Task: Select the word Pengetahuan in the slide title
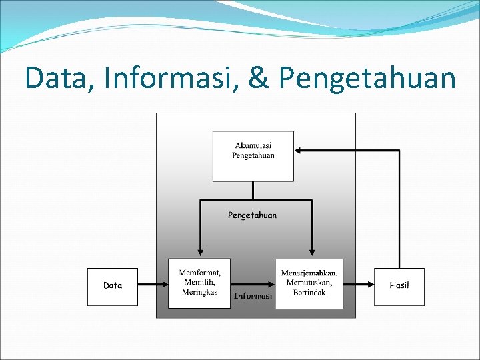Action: (367, 79)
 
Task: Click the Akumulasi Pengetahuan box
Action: (253, 156)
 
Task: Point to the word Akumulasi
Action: (253, 145)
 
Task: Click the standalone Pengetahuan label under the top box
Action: (252, 215)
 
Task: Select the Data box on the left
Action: (113, 287)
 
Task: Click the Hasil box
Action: (399, 287)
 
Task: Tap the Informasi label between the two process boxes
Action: (253, 296)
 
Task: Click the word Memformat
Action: (200, 273)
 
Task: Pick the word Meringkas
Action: (200, 292)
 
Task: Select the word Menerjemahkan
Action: (309, 273)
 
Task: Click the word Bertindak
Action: (309, 293)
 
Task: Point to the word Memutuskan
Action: (309, 283)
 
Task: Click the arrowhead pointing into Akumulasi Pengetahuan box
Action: (298, 151)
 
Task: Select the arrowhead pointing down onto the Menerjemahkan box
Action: (310, 253)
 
